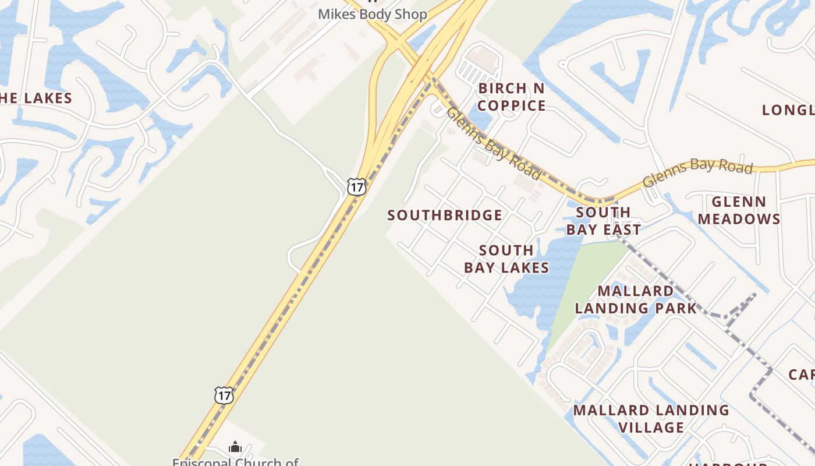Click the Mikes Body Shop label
(x=373, y=14)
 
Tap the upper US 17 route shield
(x=356, y=187)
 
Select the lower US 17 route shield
(x=224, y=395)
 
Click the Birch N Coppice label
(x=512, y=97)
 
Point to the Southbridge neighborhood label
(x=445, y=216)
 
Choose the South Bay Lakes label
(x=506, y=259)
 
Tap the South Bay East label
(x=603, y=221)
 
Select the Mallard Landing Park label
(x=636, y=299)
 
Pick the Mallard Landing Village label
(x=651, y=419)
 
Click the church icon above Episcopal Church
(x=235, y=447)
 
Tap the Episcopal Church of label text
(x=235, y=462)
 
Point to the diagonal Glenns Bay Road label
(x=494, y=143)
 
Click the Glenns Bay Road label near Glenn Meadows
(x=697, y=172)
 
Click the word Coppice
(x=512, y=105)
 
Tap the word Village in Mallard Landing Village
(x=651, y=428)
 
